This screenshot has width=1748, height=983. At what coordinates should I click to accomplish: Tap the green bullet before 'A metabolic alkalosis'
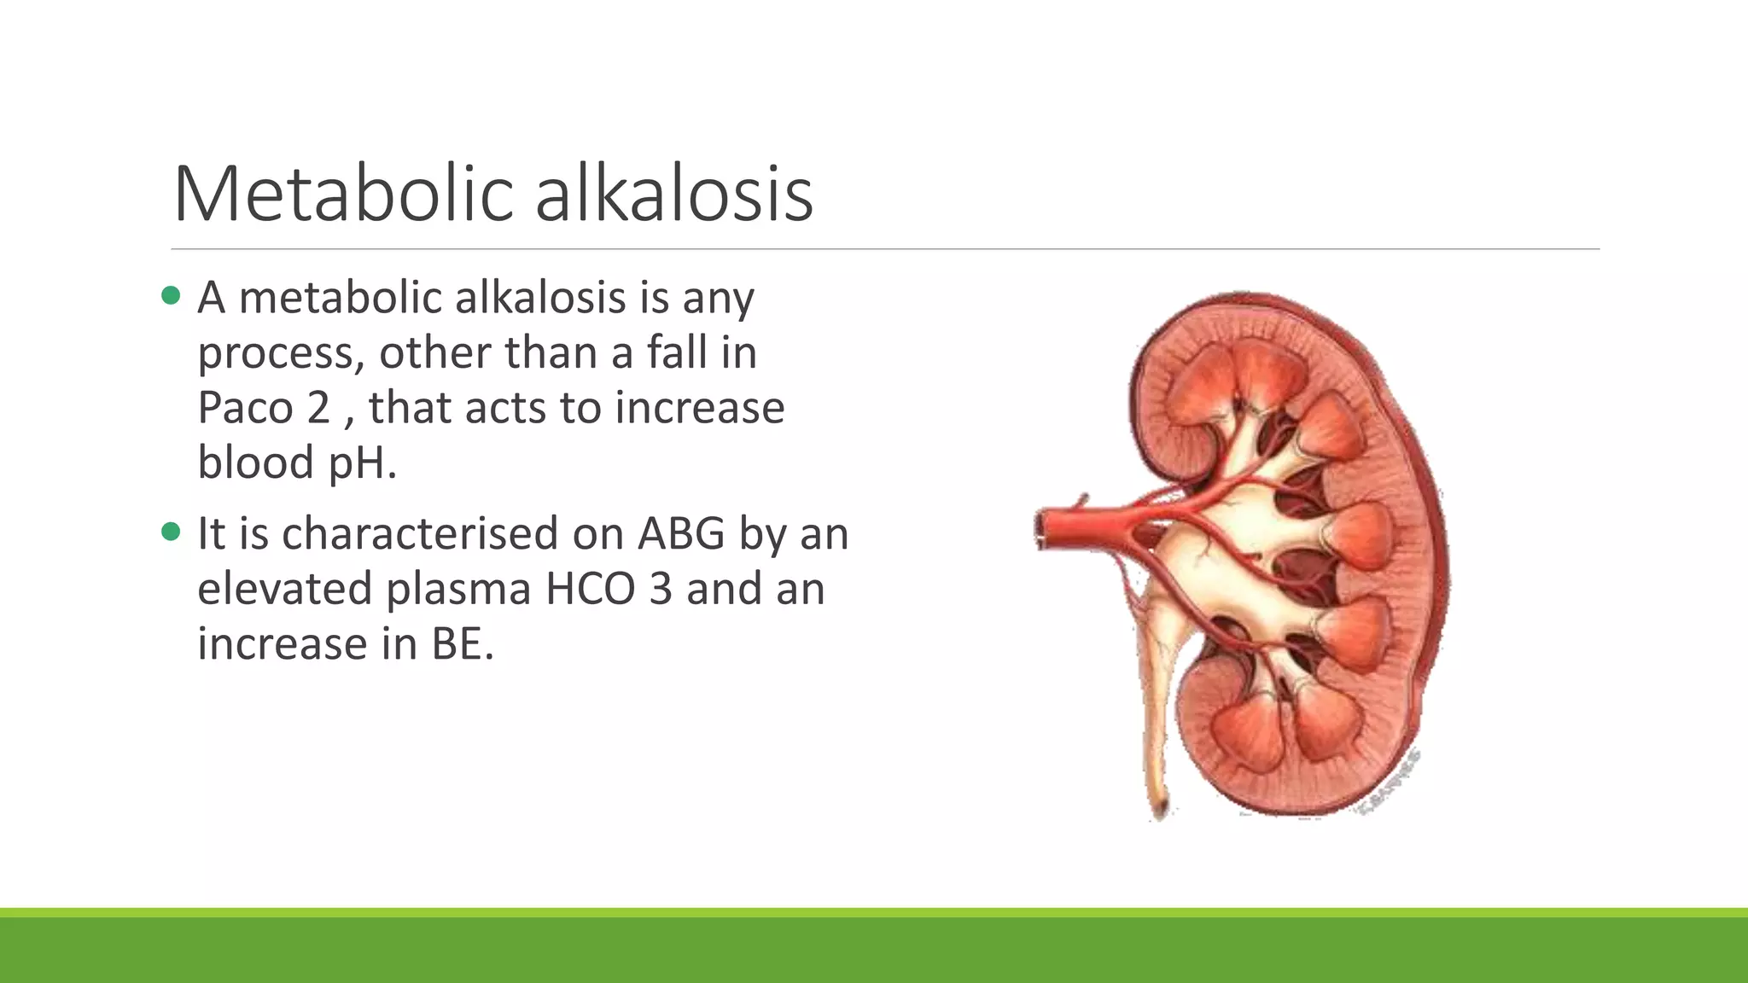click(171, 296)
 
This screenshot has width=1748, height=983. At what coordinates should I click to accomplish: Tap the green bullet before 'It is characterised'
click(171, 532)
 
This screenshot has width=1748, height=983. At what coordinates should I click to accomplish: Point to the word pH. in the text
click(363, 463)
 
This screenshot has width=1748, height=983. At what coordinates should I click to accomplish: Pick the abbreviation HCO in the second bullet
click(590, 589)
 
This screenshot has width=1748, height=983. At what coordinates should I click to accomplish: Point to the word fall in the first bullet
click(678, 352)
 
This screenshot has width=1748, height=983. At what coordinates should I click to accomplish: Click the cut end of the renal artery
click(1042, 529)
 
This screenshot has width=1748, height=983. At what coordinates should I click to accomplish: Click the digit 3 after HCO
click(661, 589)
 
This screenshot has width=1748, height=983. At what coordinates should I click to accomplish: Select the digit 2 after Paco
click(318, 407)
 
